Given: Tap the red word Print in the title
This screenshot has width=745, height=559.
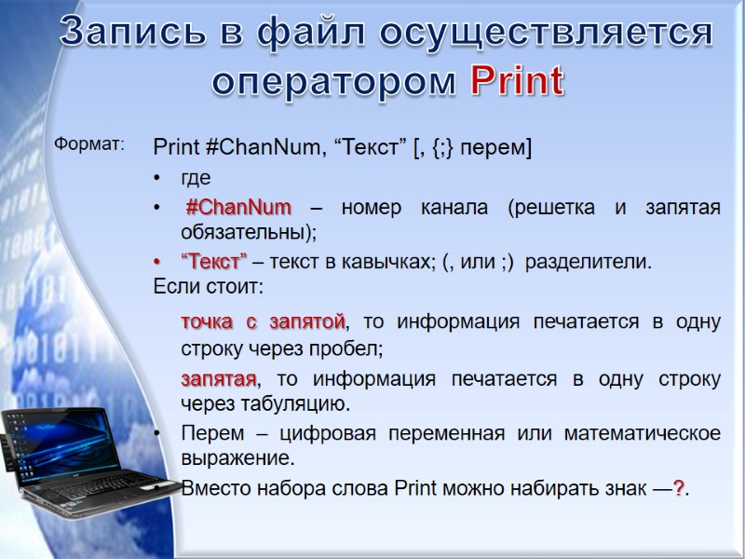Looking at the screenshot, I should (517, 82).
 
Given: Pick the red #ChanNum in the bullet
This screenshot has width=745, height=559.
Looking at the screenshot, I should (237, 207).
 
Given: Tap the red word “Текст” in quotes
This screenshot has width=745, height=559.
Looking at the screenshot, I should (213, 262).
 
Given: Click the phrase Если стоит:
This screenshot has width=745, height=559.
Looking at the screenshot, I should (208, 287).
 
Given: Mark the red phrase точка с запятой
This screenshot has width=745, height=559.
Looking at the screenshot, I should (263, 322).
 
